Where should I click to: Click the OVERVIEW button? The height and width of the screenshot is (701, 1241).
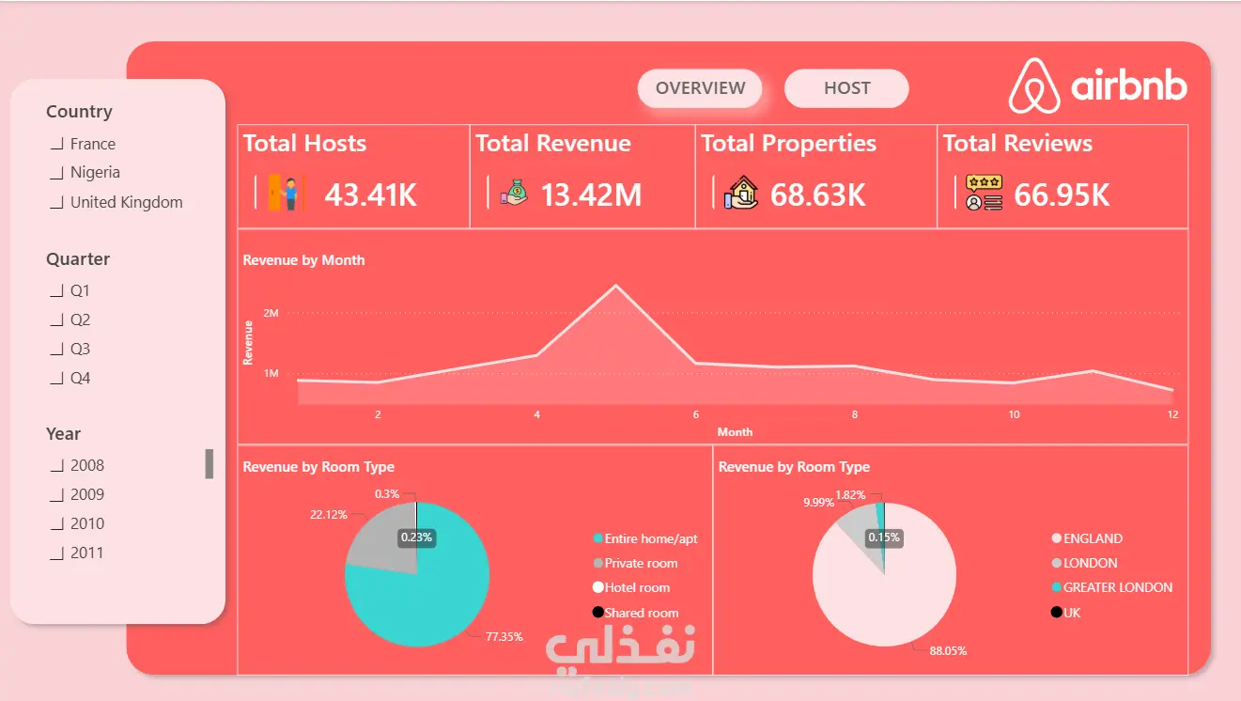[700, 88]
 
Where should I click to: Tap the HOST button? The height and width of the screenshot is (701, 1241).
[846, 88]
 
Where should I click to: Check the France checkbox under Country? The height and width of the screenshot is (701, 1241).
[57, 144]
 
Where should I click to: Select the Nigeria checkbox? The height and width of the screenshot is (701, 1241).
[57, 173]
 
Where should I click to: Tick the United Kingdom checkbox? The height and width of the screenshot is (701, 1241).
[57, 203]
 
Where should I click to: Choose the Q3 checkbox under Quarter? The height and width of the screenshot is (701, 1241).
[57, 350]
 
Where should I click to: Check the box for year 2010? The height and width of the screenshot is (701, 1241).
[57, 524]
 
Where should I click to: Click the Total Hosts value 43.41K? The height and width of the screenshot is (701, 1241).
[371, 195]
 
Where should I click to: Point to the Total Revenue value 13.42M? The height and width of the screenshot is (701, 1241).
[591, 195]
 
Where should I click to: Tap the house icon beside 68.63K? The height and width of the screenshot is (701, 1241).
[740, 193]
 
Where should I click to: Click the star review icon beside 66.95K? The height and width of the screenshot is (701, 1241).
[984, 193]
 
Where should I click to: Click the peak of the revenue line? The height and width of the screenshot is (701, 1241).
[615, 286]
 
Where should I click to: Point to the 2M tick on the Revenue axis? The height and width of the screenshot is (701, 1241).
[271, 313]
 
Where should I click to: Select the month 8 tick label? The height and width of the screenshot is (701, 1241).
[855, 414]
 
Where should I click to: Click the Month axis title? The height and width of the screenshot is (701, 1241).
[735, 432]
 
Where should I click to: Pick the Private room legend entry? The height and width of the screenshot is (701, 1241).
[635, 563]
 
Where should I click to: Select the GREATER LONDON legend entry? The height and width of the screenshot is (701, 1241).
[1112, 587]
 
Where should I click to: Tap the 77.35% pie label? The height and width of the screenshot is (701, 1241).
[504, 637]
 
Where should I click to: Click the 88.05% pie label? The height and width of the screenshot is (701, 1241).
[948, 651]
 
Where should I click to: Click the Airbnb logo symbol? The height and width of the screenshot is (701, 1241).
[1034, 86]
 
